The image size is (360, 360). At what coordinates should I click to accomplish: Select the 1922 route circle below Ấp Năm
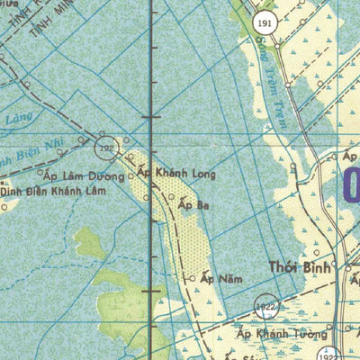(264, 307)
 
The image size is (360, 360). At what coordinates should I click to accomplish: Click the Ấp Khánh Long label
(176, 172)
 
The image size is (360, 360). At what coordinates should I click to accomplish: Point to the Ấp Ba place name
(193, 205)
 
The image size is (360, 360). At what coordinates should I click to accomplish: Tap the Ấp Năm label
(221, 279)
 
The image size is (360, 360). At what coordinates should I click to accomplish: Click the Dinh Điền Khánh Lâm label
(53, 192)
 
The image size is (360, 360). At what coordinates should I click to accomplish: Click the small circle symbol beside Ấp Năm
(191, 278)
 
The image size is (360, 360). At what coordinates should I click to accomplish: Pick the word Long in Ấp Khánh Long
(202, 172)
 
